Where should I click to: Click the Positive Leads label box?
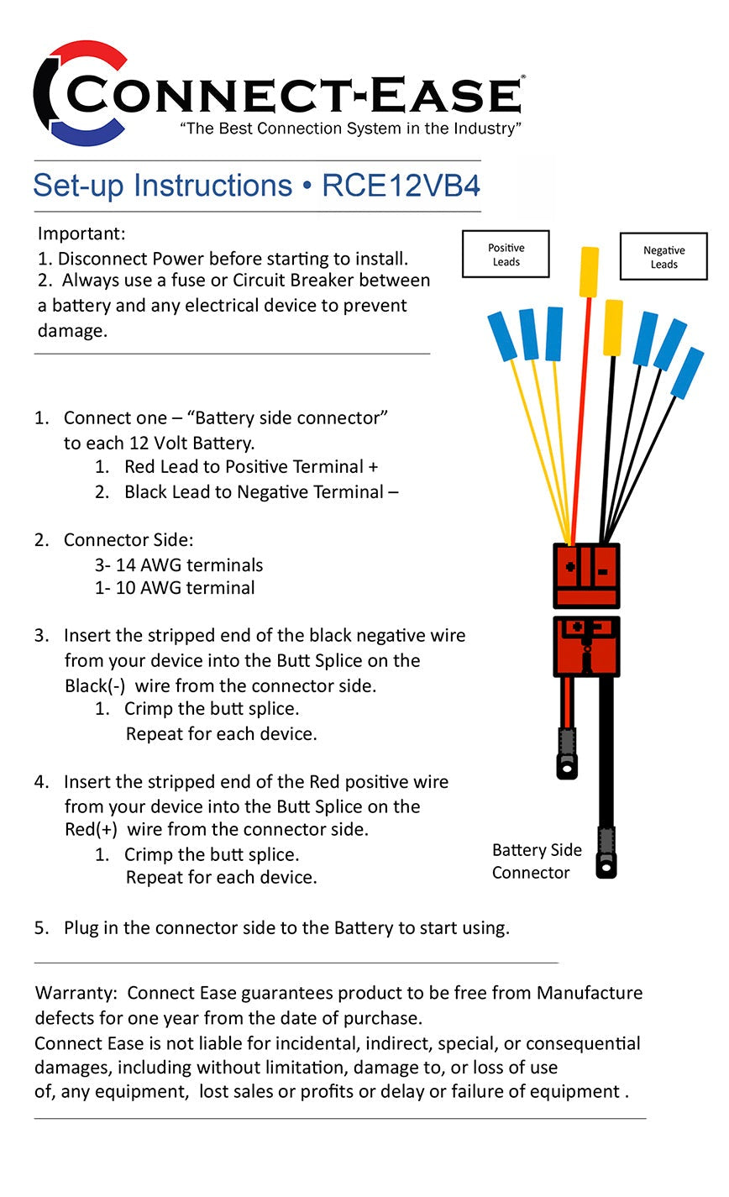(x=506, y=255)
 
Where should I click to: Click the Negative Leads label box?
(x=663, y=257)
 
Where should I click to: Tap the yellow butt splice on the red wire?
(x=590, y=271)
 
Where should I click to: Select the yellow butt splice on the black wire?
(x=613, y=327)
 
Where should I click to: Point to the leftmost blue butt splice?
(x=502, y=335)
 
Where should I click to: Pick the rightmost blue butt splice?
(x=688, y=372)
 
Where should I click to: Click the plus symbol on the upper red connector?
(x=570, y=566)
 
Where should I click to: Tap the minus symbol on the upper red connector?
(x=602, y=572)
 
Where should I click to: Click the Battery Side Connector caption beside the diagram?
(x=536, y=861)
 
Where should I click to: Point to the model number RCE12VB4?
(x=401, y=186)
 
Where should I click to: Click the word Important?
(x=81, y=234)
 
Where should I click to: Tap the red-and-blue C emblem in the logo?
(x=80, y=93)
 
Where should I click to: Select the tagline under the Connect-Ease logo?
(x=351, y=129)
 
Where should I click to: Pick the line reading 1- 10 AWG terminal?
(x=175, y=588)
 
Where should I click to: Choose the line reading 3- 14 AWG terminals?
(x=179, y=565)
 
